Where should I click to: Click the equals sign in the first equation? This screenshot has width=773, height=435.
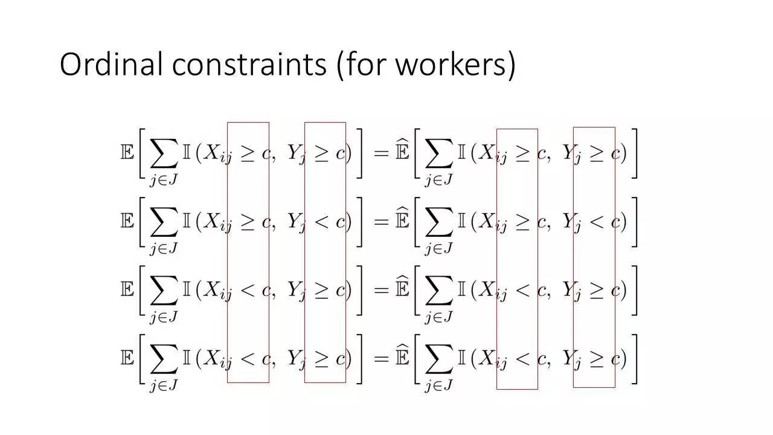click(380, 153)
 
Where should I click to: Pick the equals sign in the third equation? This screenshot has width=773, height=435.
click(380, 291)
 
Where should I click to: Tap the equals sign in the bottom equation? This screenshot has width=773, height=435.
click(380, 359)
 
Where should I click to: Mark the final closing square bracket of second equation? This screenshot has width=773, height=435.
click(633, 222)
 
